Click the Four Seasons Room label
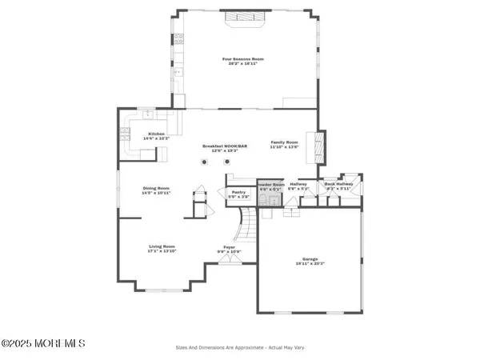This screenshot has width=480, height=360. tap(242, 58)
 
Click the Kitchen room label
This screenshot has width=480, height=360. tap(157, 134)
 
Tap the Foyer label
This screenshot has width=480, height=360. tap(230, 247)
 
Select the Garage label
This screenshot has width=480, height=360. tap(310, 258)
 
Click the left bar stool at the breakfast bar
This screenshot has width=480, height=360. tap(205, 162)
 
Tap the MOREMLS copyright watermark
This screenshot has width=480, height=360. tap(43, 343)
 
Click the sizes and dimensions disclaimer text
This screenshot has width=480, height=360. tap(240, 346)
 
